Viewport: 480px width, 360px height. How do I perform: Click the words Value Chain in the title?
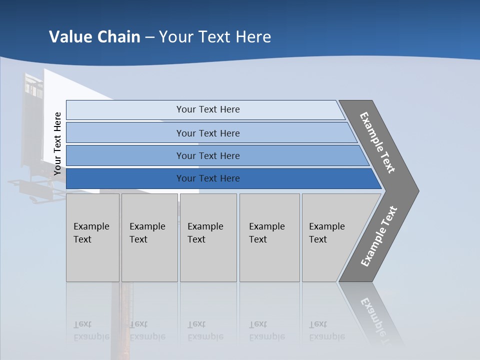(x=94, y=37)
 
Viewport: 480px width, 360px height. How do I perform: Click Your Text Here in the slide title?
(x=215, y=37)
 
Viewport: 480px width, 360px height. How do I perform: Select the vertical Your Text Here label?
(x=57, y=143)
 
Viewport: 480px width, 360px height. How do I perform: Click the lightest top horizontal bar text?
(x=208, y=109)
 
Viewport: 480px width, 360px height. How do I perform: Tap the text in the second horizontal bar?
(x=208, y=133)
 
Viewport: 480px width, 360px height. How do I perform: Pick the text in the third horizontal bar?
(x=208, y=155)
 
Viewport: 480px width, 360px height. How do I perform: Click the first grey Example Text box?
(x=92, y=237)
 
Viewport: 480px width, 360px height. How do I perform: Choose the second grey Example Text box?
(x=149, y=237)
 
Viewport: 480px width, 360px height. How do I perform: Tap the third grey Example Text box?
(x=207, y=237)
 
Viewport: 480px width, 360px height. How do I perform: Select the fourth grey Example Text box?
(x=269, y=237)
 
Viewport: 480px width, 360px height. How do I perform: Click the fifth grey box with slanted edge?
(x=330, y=237)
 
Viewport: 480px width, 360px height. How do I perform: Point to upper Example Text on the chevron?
(x=377, y=142)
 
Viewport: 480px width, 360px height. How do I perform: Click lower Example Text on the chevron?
(x=379, y=236)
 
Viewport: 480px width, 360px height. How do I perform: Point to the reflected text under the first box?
(x=91, y=330)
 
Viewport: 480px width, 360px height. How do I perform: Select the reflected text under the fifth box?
(x=327, y=330)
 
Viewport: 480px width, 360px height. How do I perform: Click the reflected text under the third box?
(x=205, y=330)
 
